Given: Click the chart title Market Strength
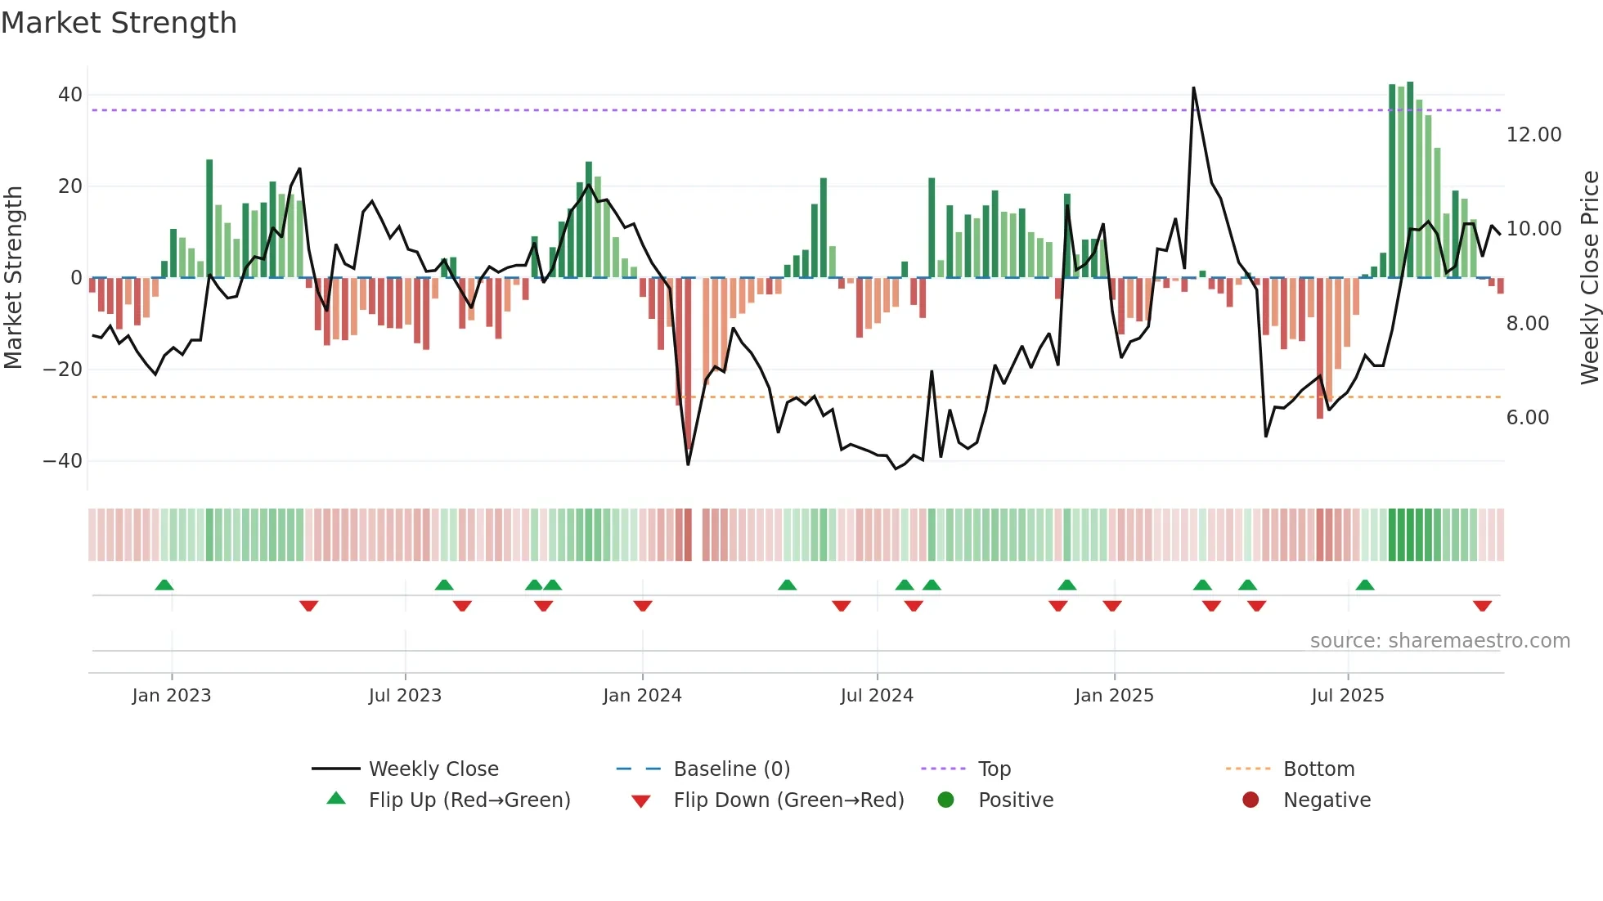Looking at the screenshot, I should click(x=119, y=23).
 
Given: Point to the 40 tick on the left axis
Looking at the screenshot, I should click(x=70, y=95).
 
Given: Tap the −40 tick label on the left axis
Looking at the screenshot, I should click(x=63, y=461).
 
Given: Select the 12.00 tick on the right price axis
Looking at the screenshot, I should click(x=1533, y=135).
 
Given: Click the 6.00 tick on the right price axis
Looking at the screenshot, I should click(x=1528, y=418).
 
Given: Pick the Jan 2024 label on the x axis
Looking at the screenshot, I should click(x=642, y=696).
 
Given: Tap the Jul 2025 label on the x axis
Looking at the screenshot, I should click(x=1347, y=696).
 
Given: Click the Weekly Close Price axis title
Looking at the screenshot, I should click(x=1589, y=278).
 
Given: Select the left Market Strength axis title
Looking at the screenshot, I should click(x=13, y=278).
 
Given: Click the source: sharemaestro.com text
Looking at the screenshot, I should click(x=1439, y=641).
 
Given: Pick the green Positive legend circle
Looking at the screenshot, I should click(x=945, y=800).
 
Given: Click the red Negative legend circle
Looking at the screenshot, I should click(x=1251, y=800).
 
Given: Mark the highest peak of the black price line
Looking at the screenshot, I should click(x=1193, y=88).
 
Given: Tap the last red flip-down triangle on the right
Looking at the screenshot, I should click(x=1482, y=606).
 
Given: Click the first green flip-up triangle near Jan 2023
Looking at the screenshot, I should click(x=164, y=585).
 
